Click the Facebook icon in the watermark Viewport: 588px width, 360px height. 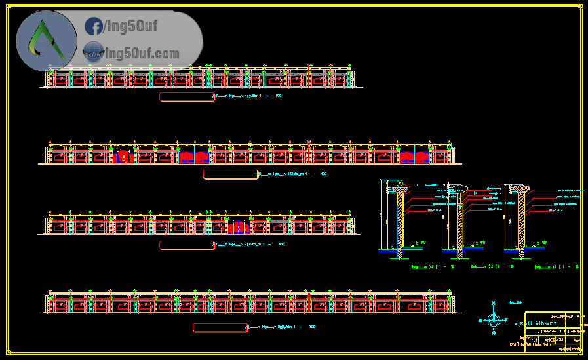(x=94, y=27)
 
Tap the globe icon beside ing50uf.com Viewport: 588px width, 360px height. (x=93, y=51)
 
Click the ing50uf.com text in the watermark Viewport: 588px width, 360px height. (x=142, y=53)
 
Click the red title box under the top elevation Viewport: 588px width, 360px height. (x=187, y=97)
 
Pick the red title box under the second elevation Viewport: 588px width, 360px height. (x=230, y=174)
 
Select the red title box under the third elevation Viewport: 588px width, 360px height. (x=187, y=245)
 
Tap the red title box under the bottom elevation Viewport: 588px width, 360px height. (x=219, y=327)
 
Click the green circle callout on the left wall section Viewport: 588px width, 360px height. (x=399, y=183)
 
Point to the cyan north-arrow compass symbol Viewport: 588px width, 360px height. (x=494, y=319)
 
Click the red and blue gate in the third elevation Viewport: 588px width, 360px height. (x=239, y=228)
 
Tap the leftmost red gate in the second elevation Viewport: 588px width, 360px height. (x=123, y=157)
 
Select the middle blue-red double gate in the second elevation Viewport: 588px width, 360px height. (x=193, y=157)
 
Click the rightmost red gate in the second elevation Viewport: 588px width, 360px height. (x=414, y=157)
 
